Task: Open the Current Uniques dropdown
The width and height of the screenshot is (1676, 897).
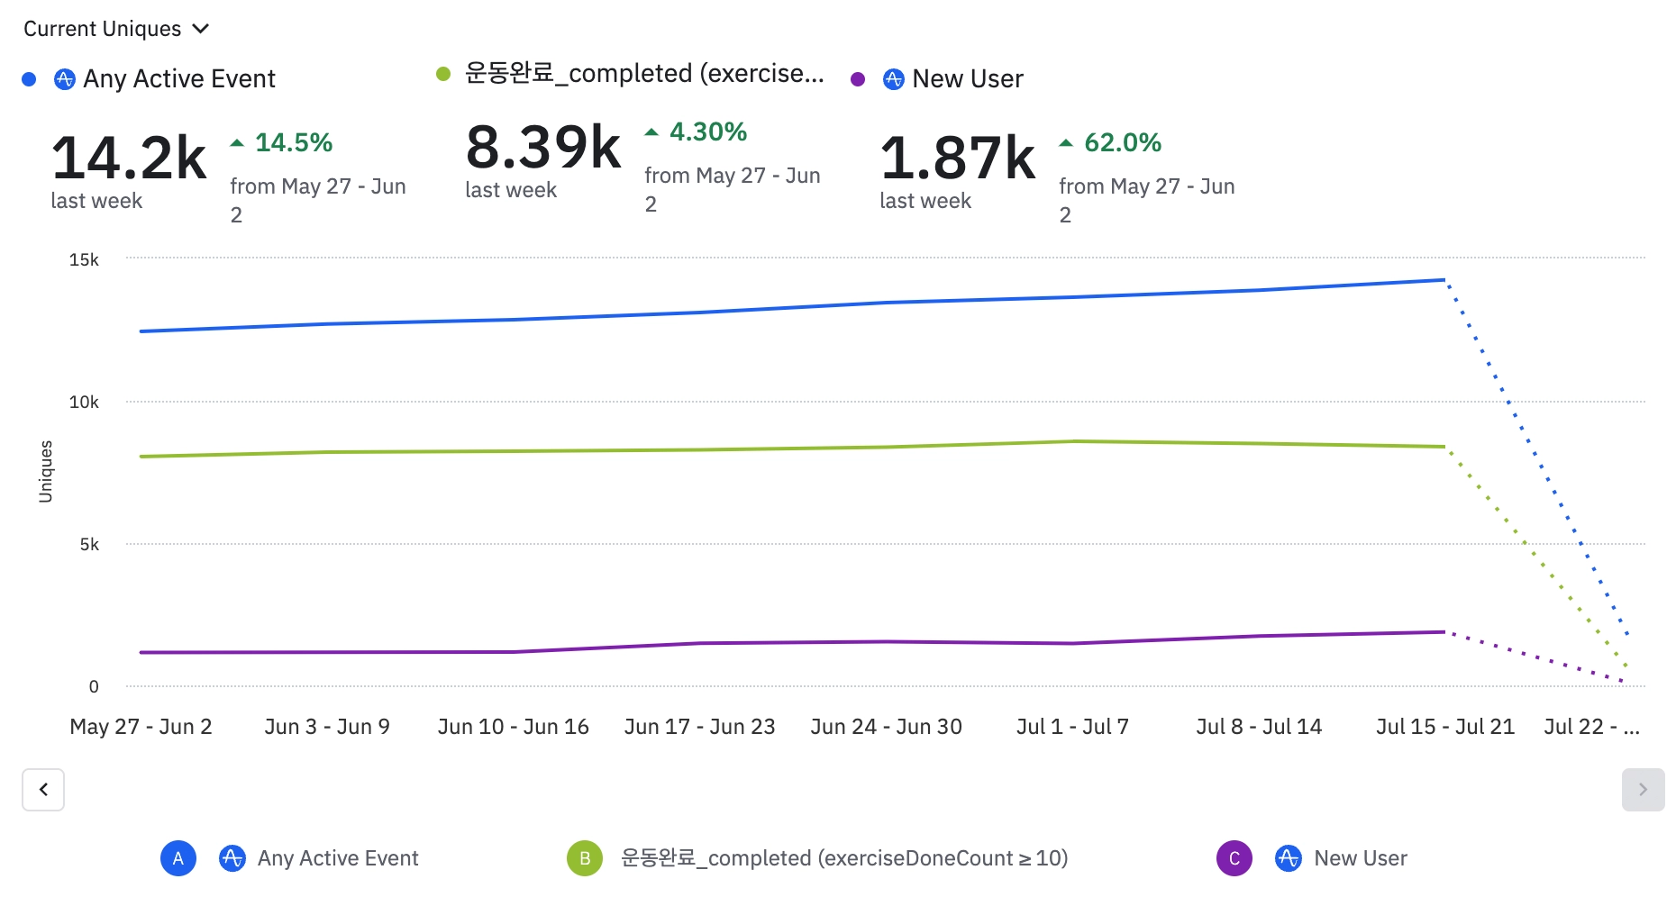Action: (116, 29)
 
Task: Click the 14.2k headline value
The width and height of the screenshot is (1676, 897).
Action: (129, 158)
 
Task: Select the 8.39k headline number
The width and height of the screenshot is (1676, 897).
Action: (543, 147)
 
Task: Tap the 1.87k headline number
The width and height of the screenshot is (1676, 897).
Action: (958, 158)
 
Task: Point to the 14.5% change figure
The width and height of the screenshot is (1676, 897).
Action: (293, 142)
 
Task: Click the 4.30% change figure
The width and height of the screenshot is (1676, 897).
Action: (707, 131)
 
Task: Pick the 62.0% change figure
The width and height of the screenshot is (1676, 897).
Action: (1122, 142)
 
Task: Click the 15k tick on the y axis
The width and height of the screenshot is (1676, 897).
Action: (84, 259)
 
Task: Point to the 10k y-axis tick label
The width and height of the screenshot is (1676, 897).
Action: (84, 402)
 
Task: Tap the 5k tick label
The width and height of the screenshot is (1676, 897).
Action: (89, 544)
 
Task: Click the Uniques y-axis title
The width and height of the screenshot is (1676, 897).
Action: (46, 471)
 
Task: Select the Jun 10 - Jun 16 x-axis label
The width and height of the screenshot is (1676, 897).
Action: (513, 727)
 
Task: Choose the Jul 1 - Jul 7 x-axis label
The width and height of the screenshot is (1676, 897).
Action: (1072, 727)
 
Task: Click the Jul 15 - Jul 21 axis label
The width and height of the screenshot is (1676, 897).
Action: (1445, 727)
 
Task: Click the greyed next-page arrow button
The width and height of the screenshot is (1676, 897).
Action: (1643, 790)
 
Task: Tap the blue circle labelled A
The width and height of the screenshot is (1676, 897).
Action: (178, 858)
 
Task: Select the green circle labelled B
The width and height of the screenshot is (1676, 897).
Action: (585, 858)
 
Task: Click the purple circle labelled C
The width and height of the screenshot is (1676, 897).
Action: (1234, 858)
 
